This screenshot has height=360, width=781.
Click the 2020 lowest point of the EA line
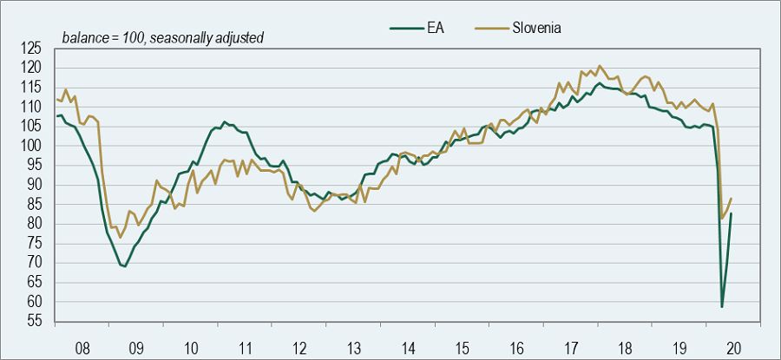tap(722, 306)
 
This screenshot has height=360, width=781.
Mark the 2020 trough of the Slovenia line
tap(722, 219)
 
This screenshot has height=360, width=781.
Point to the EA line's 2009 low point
tap(125, 266)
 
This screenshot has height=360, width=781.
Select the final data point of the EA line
tap(732, 213)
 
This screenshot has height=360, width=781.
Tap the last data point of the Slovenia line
tap(732, 199)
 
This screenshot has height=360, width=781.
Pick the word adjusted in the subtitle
tap(239, 38)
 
